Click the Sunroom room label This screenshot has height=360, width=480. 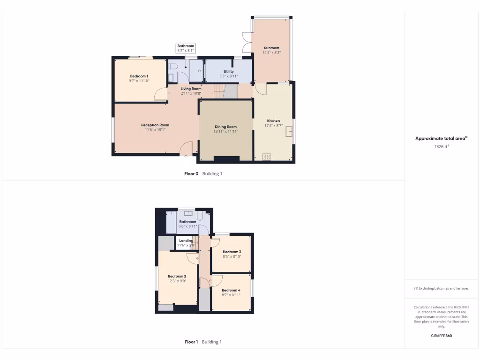(x=271, y=48)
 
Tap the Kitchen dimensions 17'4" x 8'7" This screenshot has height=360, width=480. (x=273, y=126)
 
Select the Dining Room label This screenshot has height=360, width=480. (x=225, y=127)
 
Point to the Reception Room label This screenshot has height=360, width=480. (x=155, y=125)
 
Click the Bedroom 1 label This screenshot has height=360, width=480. (x=139, y=76)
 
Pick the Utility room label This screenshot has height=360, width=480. (x=229, y=71)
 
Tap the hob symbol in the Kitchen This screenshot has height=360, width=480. (x=267, y=157)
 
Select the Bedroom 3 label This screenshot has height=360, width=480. (x=232, y=252)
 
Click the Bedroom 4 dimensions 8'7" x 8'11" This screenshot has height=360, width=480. (x=231, y=295)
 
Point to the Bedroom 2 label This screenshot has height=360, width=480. (x=177, y=276)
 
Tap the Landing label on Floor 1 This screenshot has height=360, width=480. (x=186, y=240)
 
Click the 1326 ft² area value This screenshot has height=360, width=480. (x=441, y=147)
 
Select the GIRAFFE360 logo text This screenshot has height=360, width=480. (x=441, y=336)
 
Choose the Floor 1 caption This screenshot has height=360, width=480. (x=191, y=342)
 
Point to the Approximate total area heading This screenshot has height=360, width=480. (x=441, y=138)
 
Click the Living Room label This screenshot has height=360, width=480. (x=191, y=89)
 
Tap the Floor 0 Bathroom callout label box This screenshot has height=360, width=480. (x=186, y=48)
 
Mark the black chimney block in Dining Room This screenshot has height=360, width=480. (x=226, y=158)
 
